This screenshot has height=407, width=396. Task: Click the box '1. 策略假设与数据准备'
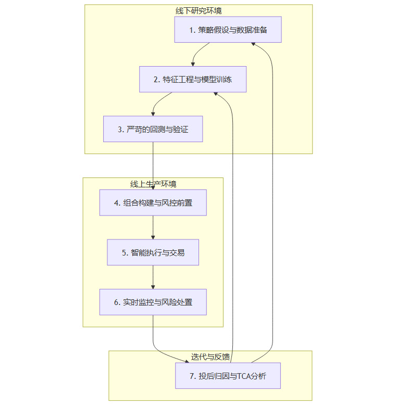tap(228, 30)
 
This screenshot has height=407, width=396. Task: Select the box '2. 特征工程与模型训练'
tap(192, 80)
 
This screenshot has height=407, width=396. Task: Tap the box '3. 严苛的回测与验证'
tap(153, 129)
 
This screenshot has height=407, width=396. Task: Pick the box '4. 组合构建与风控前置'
tap(153, 203)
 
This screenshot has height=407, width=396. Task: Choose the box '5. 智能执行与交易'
tap(153, 252)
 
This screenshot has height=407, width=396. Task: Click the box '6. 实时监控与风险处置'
tap(153, 302)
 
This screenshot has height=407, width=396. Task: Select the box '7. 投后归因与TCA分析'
tap(228, 376)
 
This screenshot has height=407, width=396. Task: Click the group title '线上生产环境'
tap(153, 184)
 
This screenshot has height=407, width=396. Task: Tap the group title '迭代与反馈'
tap(211, 357)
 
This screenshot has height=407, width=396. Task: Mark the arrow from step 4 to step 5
tap(153, 227)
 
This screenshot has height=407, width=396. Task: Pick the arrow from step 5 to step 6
tap(153, 277)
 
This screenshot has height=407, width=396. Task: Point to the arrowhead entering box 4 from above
tap(153, 187)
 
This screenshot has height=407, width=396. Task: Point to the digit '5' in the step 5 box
tap(125, 252)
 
